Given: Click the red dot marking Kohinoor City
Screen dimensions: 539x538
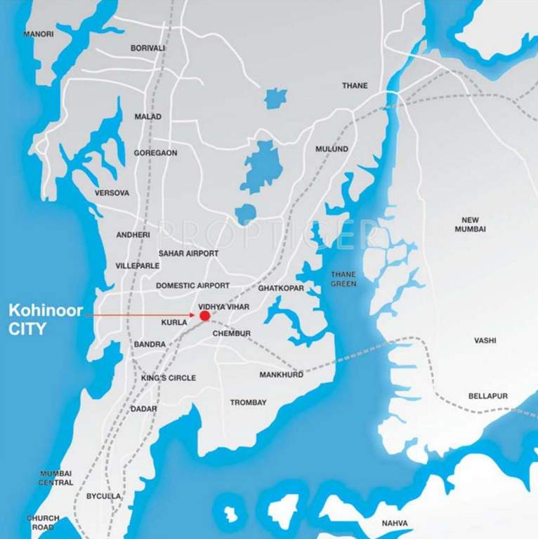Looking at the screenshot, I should coord(204,316).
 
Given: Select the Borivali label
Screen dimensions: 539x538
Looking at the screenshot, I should coord(148,48).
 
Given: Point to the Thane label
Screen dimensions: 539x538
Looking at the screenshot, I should coord(355,86).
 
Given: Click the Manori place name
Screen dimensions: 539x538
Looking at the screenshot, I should coord(39,34).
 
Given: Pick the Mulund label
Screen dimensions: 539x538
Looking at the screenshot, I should coord(332,149).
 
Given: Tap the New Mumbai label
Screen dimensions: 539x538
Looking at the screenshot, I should coord(470,225).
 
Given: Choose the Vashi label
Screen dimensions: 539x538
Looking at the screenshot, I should coord(485,340).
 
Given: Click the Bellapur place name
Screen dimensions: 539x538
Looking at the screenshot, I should coord(487,397).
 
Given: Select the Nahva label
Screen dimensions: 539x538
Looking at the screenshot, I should coord(395,524).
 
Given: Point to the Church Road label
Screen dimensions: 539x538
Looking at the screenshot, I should coord(43,523).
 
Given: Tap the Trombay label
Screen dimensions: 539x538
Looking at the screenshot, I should coord(249,403).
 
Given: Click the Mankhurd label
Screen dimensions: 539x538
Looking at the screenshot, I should coord(281,375).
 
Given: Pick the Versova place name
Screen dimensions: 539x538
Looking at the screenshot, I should coord(112,193).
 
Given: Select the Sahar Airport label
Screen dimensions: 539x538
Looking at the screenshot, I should coord(188,253).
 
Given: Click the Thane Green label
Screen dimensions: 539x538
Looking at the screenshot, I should coord(343,279).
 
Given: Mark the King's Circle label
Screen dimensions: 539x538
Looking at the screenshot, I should coord(169,378).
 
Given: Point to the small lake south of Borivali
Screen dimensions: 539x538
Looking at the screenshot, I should coord(275,98).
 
